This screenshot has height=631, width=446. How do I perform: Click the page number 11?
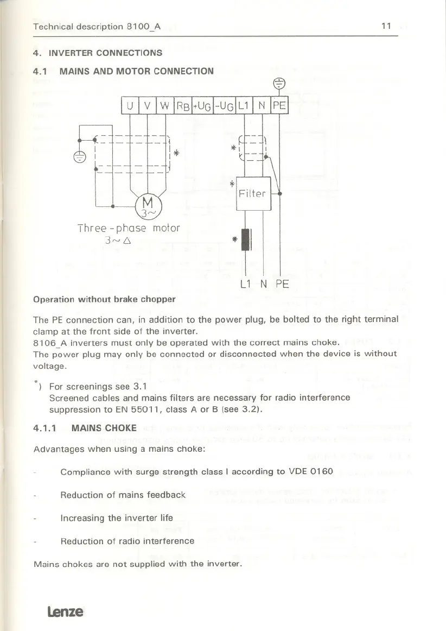click(x=386, y=26)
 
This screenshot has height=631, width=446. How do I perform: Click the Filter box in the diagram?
click(x=253, y=194)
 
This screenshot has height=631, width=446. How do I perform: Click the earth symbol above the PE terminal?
click(x=279, y=83)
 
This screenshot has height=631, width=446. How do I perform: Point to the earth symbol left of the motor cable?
click(x=80, y=157)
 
